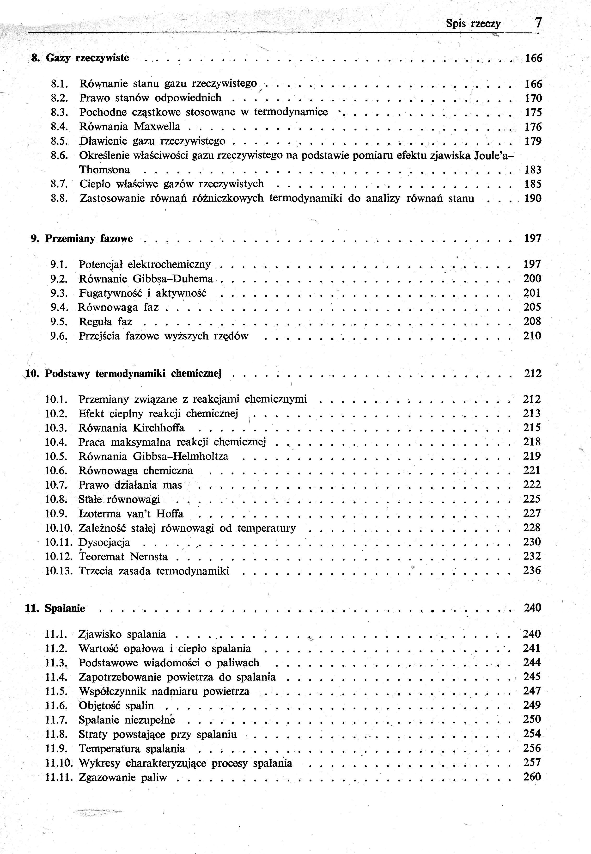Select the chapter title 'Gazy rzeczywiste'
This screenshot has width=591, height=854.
(87, 58)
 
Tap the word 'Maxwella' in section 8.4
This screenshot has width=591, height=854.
(157, 127)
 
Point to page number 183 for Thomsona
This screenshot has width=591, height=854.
(533, 170)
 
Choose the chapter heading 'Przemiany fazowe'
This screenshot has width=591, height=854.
(89, 239)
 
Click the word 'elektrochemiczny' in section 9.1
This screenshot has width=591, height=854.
(169, 264)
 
